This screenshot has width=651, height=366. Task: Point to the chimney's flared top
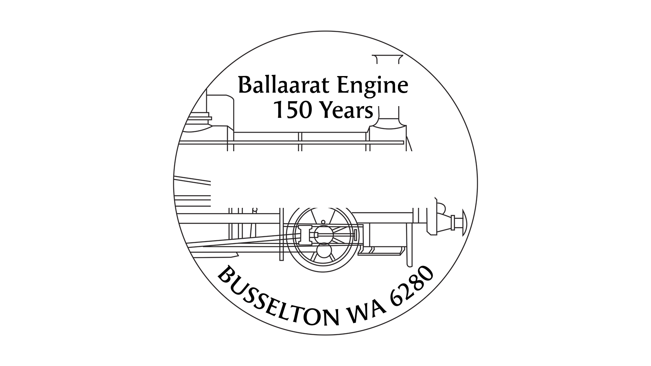(x=388, y=59)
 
